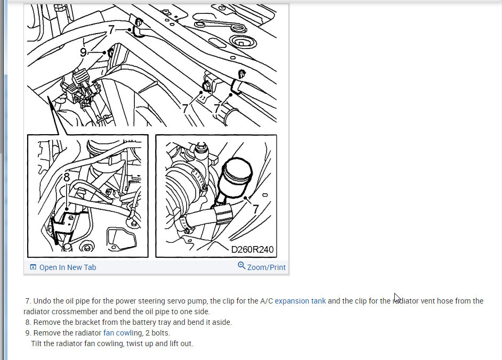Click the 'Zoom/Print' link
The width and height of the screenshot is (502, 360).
pyautogui.click(x=266, y=267)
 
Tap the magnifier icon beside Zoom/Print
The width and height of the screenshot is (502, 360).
pyautogui.click(x=241, y=266)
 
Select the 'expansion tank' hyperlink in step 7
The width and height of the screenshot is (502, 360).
pyautogui.click(x=301, y=301)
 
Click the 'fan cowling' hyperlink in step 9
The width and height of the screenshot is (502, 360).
pyautogui.click(x=123, y=333)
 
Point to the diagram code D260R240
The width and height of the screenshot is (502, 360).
pyautogui.click(x=252, y=250)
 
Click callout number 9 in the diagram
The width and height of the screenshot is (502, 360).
pyautogui.click(x=83, y=52)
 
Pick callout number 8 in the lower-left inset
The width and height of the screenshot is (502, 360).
pyautogui.click(x=67, y=177)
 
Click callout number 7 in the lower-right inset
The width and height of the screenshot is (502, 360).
pyautogui.click(x=255, y=209)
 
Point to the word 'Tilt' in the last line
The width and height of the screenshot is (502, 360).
pyautogui.click(x=36, y=343)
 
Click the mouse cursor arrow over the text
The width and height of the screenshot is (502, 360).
pyautogui.click(x=397, y=298)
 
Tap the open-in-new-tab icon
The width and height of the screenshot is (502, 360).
pyautogui.click(x=33, y=267)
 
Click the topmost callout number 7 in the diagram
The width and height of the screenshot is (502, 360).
pyautogui.click(x=111, y=29)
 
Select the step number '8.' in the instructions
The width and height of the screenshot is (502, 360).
pyautogui.click(x=28, y=323)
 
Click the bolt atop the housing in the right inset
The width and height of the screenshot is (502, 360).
pyautogui.click(x=201, y=146)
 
